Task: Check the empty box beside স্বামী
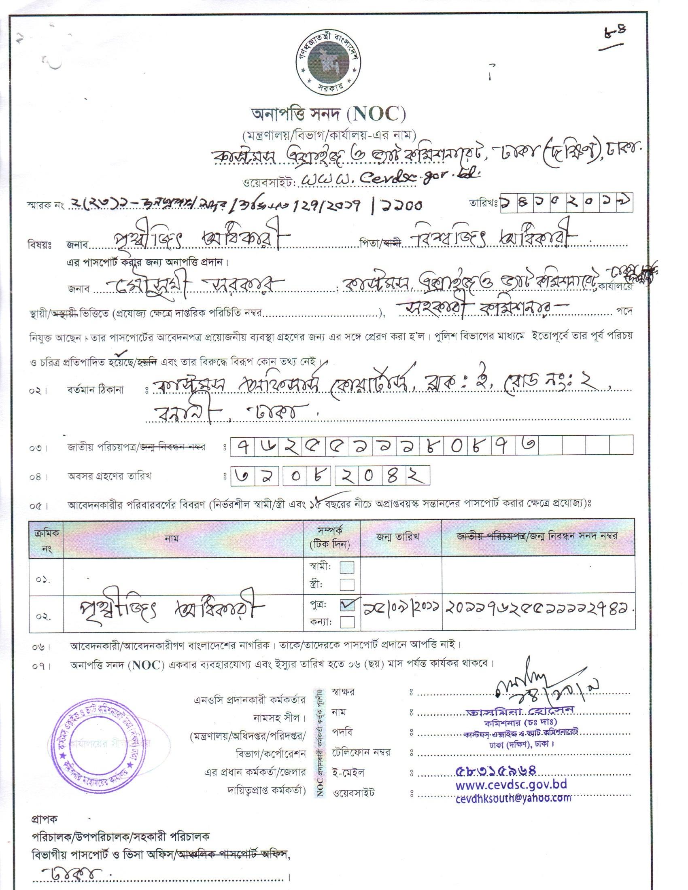(x=347, y=568)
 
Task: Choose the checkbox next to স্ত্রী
(x=347, y=585)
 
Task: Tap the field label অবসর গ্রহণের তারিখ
(x=109, y=477)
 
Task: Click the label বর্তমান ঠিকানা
(x=101, y=390)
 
